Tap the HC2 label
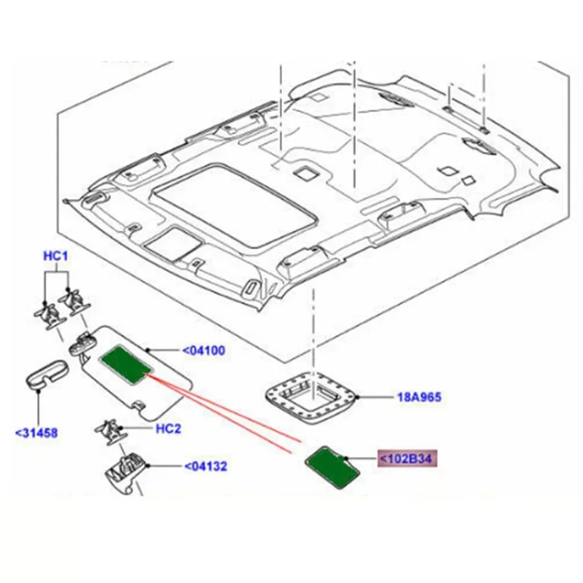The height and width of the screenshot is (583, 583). [168, 429]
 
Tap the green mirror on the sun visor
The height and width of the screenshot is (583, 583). [125, 361]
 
